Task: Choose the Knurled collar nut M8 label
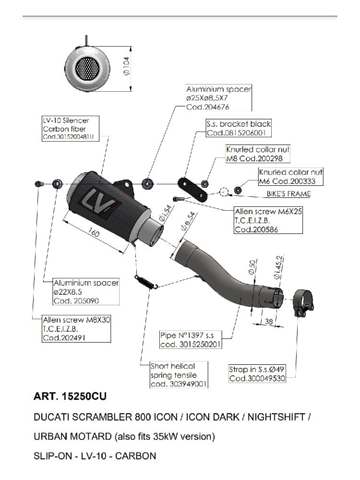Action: [258, 154]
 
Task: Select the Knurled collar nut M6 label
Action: [291, 177]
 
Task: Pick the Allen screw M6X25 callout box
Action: [268, 220]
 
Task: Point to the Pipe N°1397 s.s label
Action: [191, 340]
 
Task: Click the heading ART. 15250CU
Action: [70, 397]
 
